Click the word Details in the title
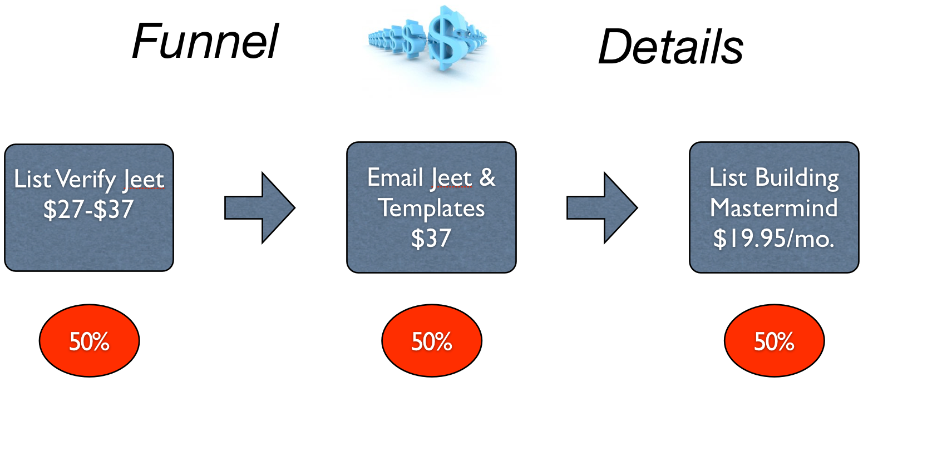(x=670, y=47)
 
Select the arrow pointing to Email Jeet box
(x=259, y=207)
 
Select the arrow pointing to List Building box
(x=601, y=207)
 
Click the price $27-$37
(x=88, y=210)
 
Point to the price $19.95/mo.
(x=773, y=239)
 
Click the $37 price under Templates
(x=431, y=239)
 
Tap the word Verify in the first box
(x=86, y=180)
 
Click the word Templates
(x=431, y=209)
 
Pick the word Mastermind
(x=773, y=208)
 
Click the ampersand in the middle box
(x=487, y=178)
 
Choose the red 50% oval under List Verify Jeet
(x=89, y=340)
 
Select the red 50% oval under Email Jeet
(x=431, y=340)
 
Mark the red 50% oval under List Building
(x=774, y=340)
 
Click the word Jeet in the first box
(x=144, y=180)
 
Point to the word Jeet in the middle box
(x=451, y=179)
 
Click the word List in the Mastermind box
(x=728, y=178)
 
